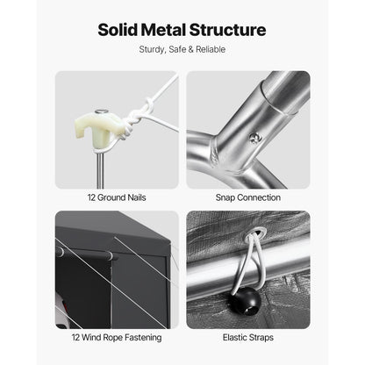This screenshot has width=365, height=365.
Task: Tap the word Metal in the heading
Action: tap(163, 30)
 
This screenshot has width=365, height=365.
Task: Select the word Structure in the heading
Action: tap(227, 30)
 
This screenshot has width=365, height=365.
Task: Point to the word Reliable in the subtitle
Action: tap(211, 49)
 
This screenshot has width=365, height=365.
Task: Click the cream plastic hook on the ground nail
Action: tap(96, 129)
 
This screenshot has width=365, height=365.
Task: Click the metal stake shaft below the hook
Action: tap(100, 169)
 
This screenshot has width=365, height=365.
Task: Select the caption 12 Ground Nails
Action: tap(117, 197)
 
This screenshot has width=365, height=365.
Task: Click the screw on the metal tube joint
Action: tap(254, 137)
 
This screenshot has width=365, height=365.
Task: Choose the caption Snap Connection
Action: tap(248, 197)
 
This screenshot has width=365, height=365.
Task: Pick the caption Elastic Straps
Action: tap(248, 337)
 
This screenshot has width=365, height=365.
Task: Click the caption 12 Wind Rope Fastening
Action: tap(117, 338)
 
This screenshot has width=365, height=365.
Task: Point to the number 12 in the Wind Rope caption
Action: tap(75, 337)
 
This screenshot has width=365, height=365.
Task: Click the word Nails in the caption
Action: tap(135, 197)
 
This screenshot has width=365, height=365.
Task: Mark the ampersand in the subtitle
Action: tap(190, 49)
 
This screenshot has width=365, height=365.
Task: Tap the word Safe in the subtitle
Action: tap(177, 49)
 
